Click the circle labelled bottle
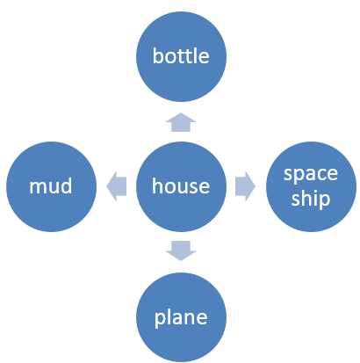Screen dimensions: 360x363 point(181,56)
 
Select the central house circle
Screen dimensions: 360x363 point(181,186)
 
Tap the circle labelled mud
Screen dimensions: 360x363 point(51,186)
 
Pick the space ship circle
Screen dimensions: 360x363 point(311,186)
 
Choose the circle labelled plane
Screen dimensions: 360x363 point(181,317)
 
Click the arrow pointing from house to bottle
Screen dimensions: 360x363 point(181,122)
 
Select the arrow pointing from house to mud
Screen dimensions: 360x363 point(116,186)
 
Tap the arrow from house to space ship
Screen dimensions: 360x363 point(245,186)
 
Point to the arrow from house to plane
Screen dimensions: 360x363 point(181,250)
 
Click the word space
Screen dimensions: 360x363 point(311,174)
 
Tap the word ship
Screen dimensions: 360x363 point(311,199)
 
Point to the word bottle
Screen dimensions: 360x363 point(181,55)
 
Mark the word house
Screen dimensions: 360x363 point(181,186)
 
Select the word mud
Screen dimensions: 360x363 point(51,186)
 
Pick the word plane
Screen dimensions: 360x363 point(181,317)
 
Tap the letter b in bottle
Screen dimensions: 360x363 point(158,55)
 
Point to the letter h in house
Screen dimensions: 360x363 point(157,186)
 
